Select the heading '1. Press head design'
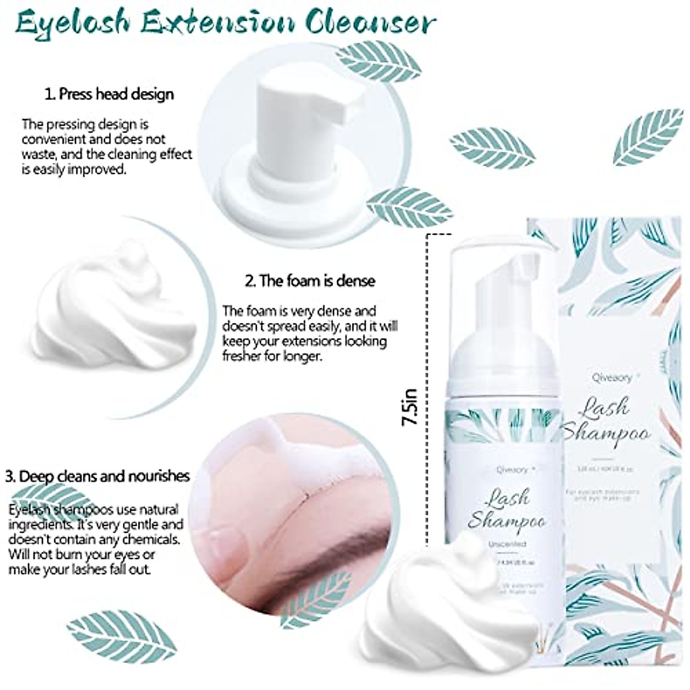pos(109,94)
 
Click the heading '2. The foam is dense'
pos(310,281)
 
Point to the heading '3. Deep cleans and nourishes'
pos(97,476)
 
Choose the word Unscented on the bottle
pos(507,543)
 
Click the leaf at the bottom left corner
pos(121,635)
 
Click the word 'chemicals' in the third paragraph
pos(152,539)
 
